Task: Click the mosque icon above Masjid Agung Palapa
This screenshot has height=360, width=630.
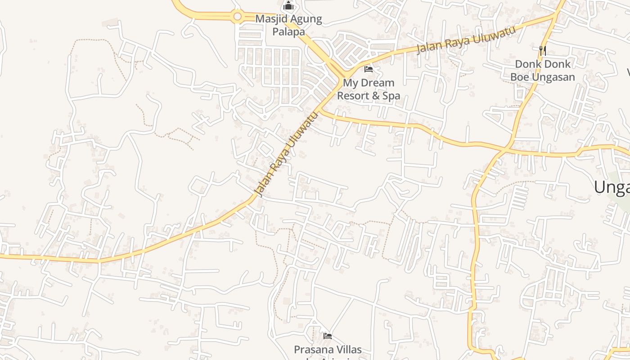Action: pyautogui.click(x=288, y=7)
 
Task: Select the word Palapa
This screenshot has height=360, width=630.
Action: pyautogui.click(x=288, y=32)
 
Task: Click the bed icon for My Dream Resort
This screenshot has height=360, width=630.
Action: pyautogui.click(x=369, y=69)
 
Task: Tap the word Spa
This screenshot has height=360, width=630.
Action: pyautogui.click(x=391, y=96)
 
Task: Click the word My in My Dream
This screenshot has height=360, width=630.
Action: pyautogui.click(x=349, y=83)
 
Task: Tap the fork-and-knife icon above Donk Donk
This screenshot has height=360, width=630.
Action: pyautogui.click(x=543, y=50)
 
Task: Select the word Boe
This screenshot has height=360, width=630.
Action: pyautogui.click(x=519, y=77)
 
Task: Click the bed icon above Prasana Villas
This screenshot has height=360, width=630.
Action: pyautogui.click(x=328, y=336)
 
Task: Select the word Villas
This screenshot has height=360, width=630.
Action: pyautogui.click(x=347, y=350)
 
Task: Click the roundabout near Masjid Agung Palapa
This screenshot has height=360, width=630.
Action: pyautogui.click(x=237, y=17)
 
